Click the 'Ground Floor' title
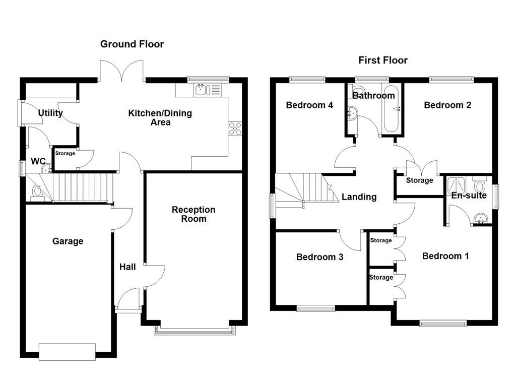tap(132, 44)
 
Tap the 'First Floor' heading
tap(383, 60)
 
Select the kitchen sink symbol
tap(202, 90)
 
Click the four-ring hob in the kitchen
tap(234, 128)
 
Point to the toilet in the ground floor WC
tap(38, 192)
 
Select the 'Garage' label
tap(68, 241)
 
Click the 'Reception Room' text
tap(193, 214)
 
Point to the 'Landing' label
tap(359, 197)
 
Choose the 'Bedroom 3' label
tap(319, 257)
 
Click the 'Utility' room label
tap(50, 113)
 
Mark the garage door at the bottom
tap(68, 352)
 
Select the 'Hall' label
tap(127, 267)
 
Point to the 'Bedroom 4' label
tap(309, 105)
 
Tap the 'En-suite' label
tap(469, 196)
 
